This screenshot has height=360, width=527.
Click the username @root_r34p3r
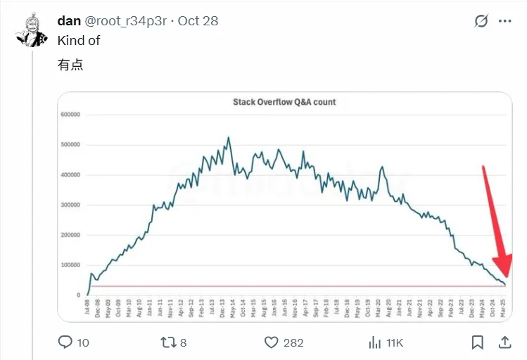pyautogui.click(x=125, y=21)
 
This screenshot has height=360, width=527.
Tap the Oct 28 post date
pyautogui.click(x=198, y=21)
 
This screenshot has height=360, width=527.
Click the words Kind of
pyautogui.click(x=79, y=41)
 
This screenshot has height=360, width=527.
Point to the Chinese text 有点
pyautogui.click(x=70, y=66)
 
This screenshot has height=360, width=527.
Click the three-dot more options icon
pyautogui.click(x=505, y=21)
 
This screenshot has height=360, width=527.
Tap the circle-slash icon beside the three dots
pyautogui.click(x=481, y=21)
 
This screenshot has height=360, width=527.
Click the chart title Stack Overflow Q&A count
pyautogui.click(x=284, y=102)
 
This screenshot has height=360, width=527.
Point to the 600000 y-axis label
pyautogui.click(x=70, y=115)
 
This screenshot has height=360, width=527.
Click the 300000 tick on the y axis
pyautogui.click(x=70, y=205)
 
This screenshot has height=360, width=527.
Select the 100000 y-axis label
pyautogui.click(x=70, y=265)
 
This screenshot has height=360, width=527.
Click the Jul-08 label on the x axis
pyautogui.click(x=87, y=308)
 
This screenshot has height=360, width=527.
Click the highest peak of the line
pyautogui.click(x=229, y=138)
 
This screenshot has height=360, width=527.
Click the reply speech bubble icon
pyautogui.click(x=65, y=342)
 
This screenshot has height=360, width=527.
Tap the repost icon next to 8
pyautogui.click(x=168, y=342)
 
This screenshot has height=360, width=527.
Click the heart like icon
pyautogui.click(x=272, y=342)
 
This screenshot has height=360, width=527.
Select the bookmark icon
pyautogui.click(x=477, y=342)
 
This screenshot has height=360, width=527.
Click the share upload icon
pyautogui.click(x=504, y=342)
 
